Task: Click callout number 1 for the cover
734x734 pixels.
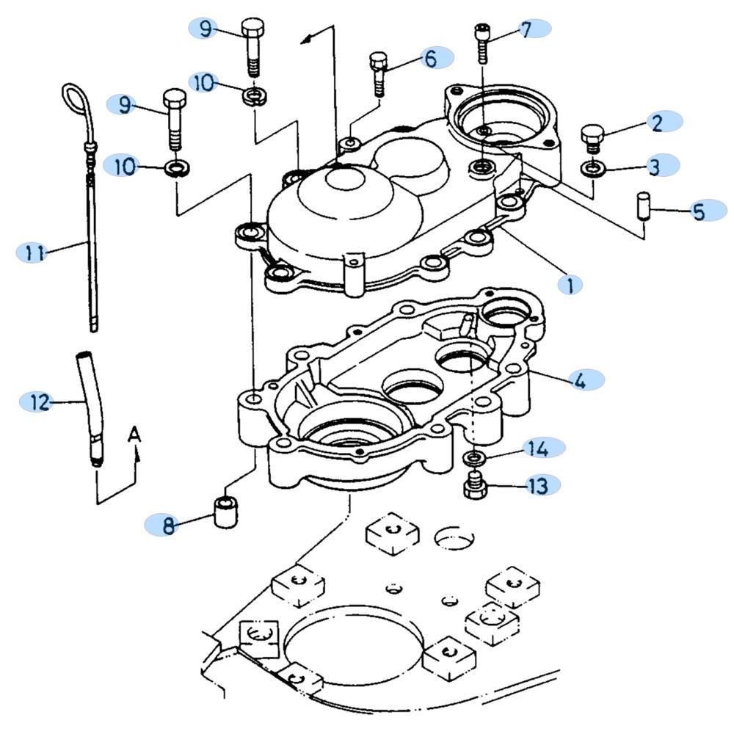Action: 570,283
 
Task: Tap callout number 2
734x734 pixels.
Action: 656,122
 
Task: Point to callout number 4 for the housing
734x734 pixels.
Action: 580,380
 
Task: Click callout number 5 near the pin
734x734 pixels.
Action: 698,212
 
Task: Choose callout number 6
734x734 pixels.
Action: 430,58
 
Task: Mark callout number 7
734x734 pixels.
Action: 526,29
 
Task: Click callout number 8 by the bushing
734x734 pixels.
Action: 169,525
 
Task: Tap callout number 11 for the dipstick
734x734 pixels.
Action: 32,253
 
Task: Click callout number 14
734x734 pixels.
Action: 537,447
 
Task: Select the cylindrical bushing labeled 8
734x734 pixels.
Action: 227,511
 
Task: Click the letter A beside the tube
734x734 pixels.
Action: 134,435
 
